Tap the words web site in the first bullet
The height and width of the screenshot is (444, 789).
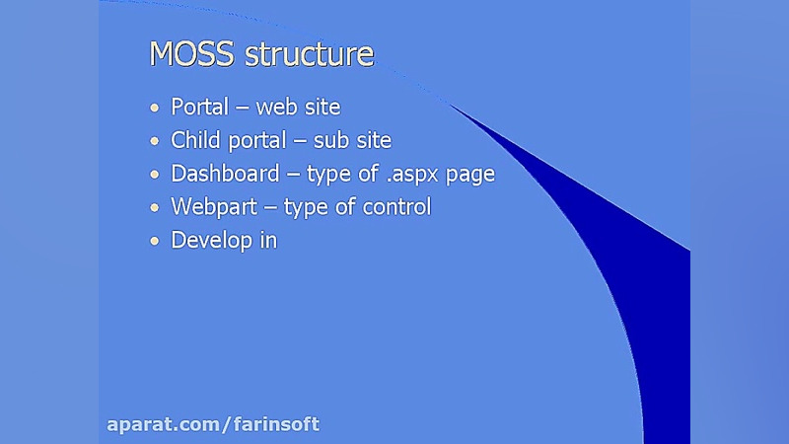pos(298,107)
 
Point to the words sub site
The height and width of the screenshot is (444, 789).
pos(352,140)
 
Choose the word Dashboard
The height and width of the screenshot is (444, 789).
pos(225,174)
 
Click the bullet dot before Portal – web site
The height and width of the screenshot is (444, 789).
pos(154,108)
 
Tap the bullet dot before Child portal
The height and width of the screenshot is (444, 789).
pos(154,141)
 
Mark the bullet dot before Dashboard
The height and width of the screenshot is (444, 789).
pos(154,175)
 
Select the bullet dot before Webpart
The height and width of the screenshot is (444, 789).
pos(154,208)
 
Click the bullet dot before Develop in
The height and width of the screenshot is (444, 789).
pos(154,241)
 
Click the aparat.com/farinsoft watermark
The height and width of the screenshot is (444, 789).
pos(213,425)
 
